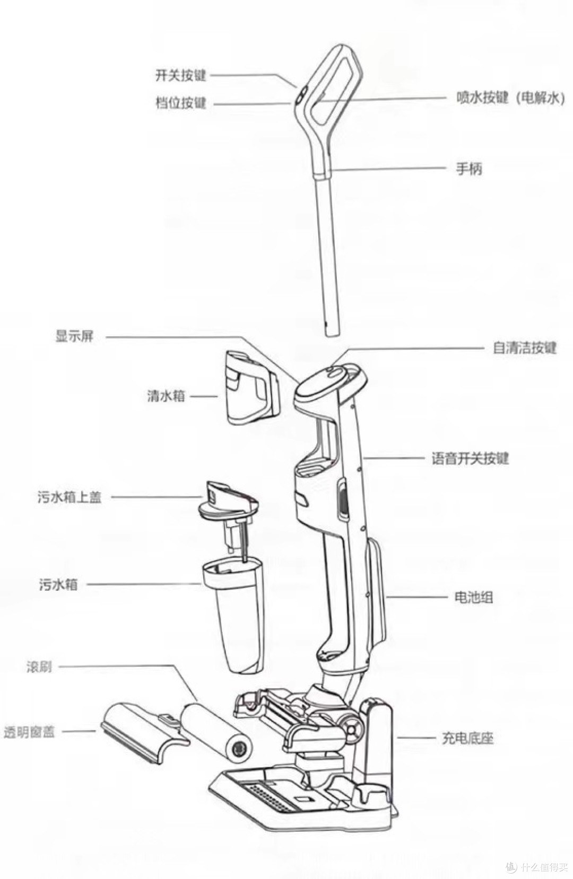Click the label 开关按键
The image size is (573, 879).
tap(180, 75)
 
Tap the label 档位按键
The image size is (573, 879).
tap(180, 103)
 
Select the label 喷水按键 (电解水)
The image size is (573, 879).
tap(510, 98)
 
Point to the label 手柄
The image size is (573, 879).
tap(469, 169)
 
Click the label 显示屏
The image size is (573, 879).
tap(74, 336)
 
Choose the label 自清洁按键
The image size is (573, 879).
tap(524, 348)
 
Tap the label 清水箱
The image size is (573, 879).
tap(166, 396)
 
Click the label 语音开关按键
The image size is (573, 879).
tap(470, 458)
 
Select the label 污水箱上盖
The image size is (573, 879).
tap(70, 497)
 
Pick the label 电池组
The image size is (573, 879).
tap(473, 597)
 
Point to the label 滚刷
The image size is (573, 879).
tap(39, 667)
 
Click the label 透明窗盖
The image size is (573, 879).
tap(29, 732)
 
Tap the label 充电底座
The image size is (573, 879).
tap(467, 738)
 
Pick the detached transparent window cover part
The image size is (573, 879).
tap(143, 731)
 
